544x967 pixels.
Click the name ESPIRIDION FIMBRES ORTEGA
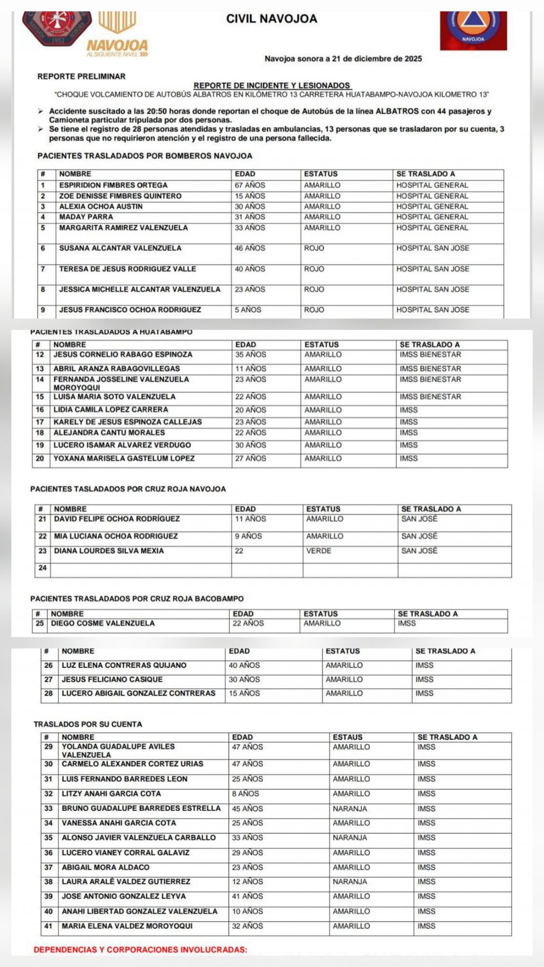tap(113, 185)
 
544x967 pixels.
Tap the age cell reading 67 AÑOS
tap(250, 185)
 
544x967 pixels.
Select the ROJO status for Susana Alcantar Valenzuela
tap(314, 248)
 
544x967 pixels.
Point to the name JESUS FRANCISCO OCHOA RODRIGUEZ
tap(130, 310)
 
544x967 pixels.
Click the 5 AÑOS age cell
tap(248, 310)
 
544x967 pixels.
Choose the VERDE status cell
tap(319, 551)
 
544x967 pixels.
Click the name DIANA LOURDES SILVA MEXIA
tap(109, 551)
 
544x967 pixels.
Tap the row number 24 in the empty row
tap(42, 568)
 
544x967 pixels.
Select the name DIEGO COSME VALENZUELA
tap(103, 623)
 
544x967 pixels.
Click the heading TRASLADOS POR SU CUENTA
tap(88, 724)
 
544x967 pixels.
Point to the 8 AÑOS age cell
tap(245, 794)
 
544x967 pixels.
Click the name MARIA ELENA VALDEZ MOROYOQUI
tap(127, 926)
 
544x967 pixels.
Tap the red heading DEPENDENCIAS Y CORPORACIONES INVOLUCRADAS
tap(140, 949)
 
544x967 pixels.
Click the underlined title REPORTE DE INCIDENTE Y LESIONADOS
tap(272, 86)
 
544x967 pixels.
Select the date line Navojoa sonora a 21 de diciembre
tap(343, 59)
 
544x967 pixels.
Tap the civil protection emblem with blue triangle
tap(473, 24)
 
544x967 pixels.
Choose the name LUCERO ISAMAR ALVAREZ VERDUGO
tap(122, 445)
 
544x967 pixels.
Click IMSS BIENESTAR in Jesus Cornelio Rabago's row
tap(430, 354)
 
